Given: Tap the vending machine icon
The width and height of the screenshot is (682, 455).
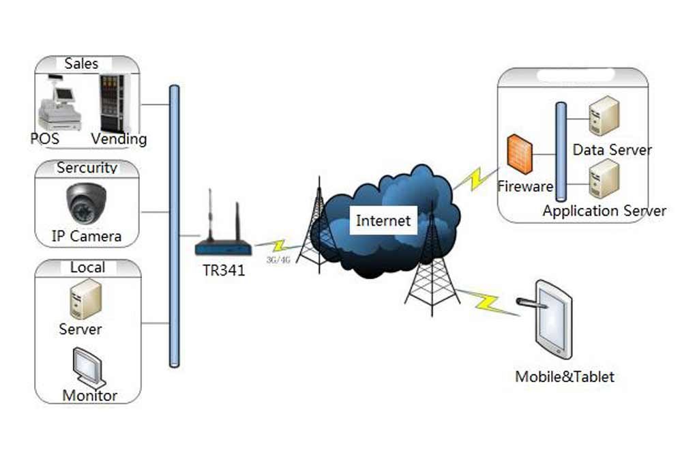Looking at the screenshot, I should pyautogui.click(x=112, y=102).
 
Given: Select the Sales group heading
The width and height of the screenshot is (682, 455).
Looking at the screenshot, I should pyautogui.click(x=82, y=63).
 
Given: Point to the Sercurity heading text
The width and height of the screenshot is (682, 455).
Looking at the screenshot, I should pyautogui.click(x=87, y=168).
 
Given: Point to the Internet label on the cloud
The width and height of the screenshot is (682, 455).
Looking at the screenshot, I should pyautogui.click(x=384, y=220).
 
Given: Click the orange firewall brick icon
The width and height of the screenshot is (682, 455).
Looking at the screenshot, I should pyautogui.click(x=520, y=153).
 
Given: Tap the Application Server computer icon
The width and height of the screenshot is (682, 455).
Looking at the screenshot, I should pyautogui.click(x=604, y=179).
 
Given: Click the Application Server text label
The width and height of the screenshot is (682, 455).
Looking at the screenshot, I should pyautogui.click(x=604, y=211).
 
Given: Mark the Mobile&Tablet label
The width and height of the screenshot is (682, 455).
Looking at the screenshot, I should pyautogui.click(x=565, y=376).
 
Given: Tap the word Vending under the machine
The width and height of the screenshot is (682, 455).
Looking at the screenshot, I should pyautogui.click(x=119, y=139).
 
